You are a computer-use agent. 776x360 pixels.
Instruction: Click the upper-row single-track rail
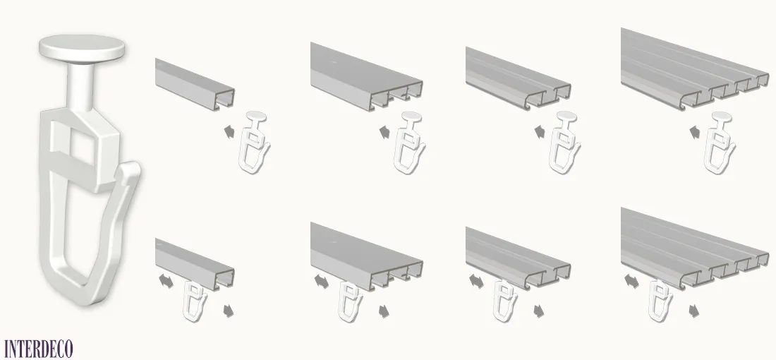(195, 84)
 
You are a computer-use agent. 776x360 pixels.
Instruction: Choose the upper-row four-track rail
(695, 69)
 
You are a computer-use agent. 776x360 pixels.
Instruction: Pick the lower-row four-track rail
(695, 248)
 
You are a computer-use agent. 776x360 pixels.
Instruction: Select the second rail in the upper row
(367, 76)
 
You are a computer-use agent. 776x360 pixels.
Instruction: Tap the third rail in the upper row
(519, 78)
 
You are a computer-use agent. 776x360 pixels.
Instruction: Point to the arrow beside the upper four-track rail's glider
(695, 132)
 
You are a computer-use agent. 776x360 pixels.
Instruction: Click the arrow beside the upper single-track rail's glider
(229, 132)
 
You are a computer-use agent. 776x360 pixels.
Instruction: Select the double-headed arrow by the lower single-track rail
(166, 281)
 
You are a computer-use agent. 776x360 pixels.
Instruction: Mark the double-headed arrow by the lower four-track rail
(631, 281)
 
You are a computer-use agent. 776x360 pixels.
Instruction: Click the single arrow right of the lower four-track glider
(695, 311)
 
